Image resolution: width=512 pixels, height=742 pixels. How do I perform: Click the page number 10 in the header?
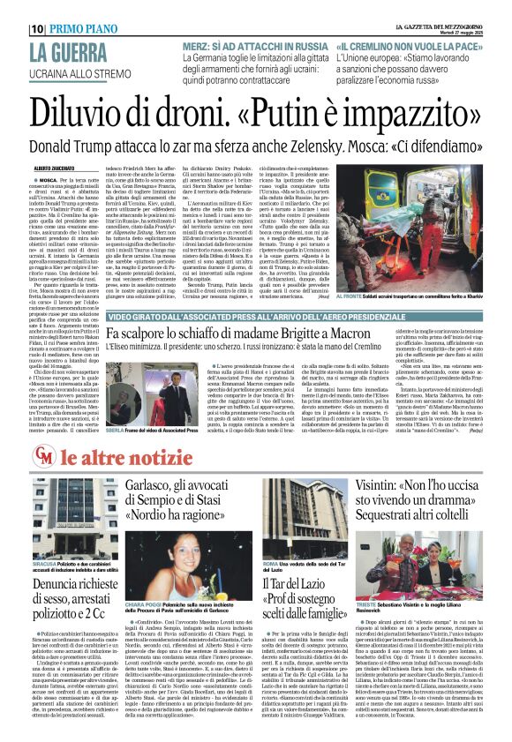coord(37,27)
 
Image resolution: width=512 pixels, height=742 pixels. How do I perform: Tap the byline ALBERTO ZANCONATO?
coord(55,167)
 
